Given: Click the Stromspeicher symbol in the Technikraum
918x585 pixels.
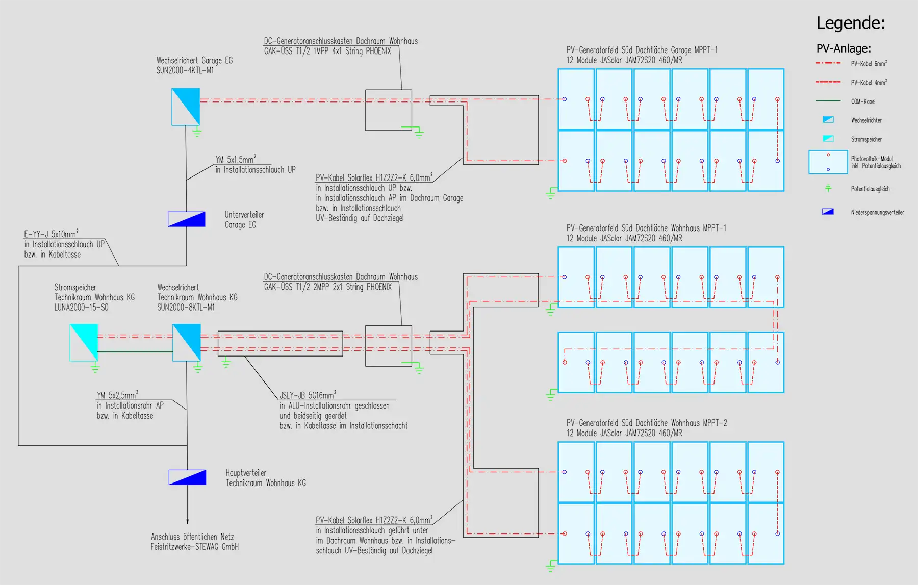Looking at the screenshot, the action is click(x=84, y=343).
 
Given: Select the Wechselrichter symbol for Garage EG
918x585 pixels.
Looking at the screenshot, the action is click(x=186, y=107).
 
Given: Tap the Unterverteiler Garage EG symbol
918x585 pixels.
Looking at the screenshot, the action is click(x=187, y=219).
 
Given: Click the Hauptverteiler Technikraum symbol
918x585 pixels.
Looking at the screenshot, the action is click(x=187, y=477).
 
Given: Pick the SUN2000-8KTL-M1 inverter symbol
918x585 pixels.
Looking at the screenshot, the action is click(x=187, y=343).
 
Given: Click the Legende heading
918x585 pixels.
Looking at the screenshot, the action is click(x=851, y=23).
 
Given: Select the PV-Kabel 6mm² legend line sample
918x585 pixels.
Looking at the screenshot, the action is click(x=828, y=63).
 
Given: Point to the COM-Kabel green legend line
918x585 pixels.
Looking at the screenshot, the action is click(x=828, y=101).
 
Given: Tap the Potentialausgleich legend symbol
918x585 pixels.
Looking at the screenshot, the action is click(x=828, y=188).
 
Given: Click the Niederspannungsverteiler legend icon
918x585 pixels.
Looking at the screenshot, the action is click(x=828, y=212).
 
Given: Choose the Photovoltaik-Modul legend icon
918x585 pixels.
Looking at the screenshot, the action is click(x=828, y=162).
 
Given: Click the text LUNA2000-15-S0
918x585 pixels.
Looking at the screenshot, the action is click(x=82, y=308).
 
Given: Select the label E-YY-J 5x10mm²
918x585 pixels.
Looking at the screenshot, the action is click(x=51, y=234).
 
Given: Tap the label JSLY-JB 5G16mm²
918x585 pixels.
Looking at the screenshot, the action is click(x=308, y=395).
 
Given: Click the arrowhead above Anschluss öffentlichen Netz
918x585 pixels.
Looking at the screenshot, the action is click(x=187, y=521).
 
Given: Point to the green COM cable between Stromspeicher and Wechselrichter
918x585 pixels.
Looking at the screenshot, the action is click(x=135, y=352).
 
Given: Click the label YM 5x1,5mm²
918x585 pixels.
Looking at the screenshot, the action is click(x=236, y=159).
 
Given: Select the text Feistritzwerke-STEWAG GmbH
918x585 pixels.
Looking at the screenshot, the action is click(x=194, y=547).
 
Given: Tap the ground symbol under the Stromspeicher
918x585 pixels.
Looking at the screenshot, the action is click(x=94, y=368).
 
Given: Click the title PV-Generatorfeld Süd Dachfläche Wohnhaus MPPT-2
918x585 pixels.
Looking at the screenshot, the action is click(x=647, y=423).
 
